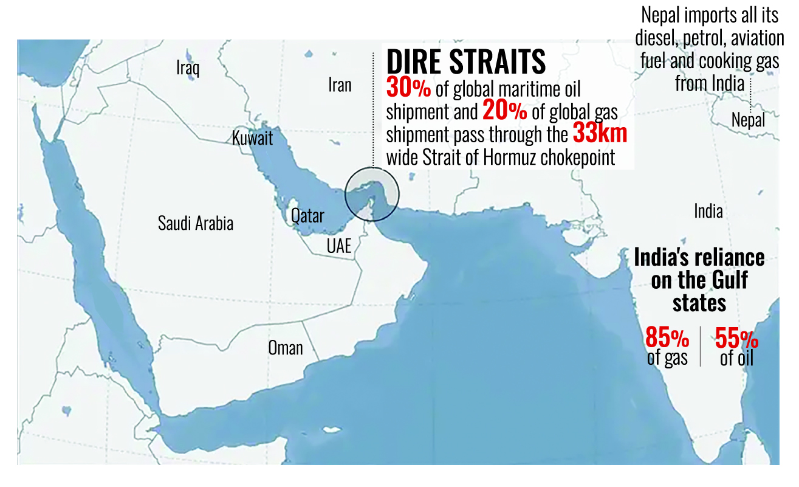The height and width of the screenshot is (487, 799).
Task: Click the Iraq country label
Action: point(188,67)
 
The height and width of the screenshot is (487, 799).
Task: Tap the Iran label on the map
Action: point(340,85)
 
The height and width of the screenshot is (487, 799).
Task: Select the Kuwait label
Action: point(252,138)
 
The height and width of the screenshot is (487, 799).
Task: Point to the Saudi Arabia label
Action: point(196,223)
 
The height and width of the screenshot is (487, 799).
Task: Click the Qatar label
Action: point(307,215)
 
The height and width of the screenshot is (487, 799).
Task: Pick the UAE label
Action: point(339,246)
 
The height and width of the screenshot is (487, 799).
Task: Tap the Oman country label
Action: point(285,348)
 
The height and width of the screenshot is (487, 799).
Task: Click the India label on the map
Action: point(708,212)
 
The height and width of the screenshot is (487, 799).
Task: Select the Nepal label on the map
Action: point(748,119)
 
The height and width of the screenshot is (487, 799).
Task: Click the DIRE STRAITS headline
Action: point(466,62)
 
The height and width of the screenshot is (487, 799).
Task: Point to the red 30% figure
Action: point(408,89)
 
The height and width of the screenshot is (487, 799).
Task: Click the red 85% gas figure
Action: point(667,337)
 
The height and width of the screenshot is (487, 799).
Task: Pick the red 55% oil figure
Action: point(736,337)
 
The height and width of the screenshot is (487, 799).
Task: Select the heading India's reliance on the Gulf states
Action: point(699,280)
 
